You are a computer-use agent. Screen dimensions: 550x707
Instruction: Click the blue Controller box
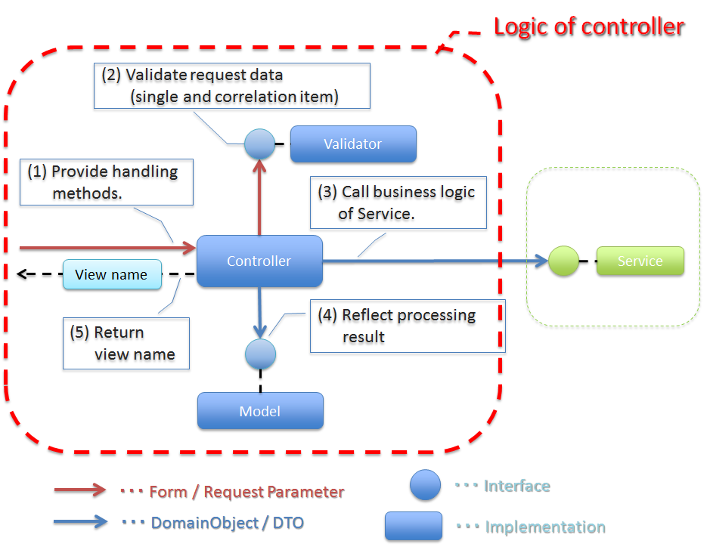259,261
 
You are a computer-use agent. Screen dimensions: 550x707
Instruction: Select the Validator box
353,144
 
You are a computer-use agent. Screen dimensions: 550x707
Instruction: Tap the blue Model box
260,411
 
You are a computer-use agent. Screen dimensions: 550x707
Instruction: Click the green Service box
640,261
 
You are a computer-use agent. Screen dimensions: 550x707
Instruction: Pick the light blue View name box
112,275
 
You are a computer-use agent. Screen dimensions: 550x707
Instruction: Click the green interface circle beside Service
563,261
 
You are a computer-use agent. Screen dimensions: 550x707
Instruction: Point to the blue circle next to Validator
259,144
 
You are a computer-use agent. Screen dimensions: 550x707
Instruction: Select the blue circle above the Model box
259,353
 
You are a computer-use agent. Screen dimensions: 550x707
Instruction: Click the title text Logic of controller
588,27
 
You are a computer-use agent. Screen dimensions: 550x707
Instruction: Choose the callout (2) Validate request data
232,85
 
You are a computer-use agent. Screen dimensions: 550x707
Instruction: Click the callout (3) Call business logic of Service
398,202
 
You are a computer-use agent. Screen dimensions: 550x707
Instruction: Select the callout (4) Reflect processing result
408,326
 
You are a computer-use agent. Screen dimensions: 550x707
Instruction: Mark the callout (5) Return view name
126,343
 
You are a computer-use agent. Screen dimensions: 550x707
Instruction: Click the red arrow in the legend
80,490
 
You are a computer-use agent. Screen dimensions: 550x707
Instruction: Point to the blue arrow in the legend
80,521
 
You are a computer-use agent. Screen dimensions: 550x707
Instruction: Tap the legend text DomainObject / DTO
228,522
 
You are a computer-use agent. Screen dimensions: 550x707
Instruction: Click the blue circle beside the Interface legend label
425,485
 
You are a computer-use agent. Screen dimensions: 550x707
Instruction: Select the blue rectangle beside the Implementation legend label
414,526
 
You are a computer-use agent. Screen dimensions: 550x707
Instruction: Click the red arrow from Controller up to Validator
259,196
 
